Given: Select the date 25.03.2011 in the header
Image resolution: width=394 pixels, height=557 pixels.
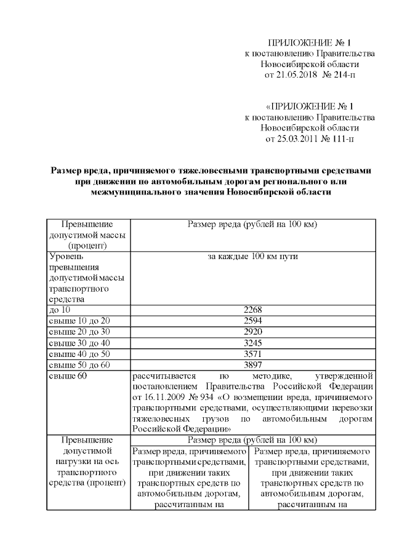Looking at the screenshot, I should (297, 139).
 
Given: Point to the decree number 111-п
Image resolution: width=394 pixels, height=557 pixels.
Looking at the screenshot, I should (342, 139).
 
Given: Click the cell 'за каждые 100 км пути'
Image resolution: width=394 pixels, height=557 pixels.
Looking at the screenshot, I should (253, 255).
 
